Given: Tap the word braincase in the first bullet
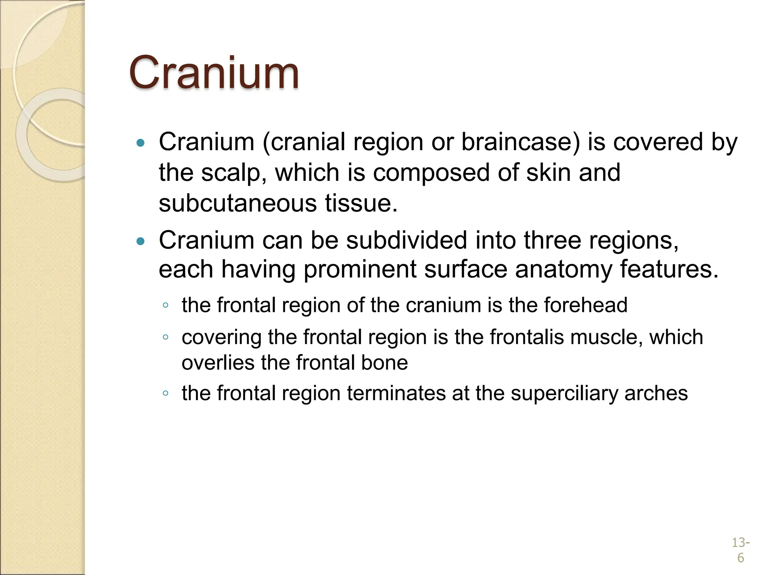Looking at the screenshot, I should pos(520,142).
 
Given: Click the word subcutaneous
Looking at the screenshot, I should pos(238,203).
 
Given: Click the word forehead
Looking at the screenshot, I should pos(585,305).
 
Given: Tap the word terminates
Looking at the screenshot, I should pos(396,393).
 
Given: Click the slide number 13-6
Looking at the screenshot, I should pos(740,550).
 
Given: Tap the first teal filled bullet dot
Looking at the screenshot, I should pos(141,143).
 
